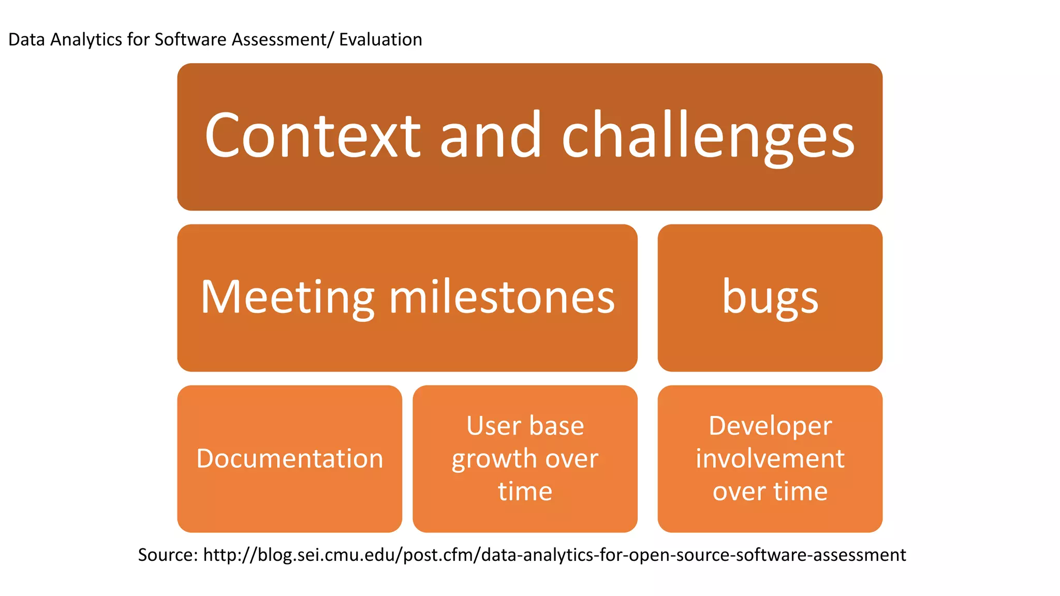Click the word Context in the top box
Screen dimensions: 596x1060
click(313, 136)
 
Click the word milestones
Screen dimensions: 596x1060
click(502, 297)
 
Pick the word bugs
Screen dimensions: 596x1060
click(770, 299)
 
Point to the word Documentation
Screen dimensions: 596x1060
click(289, 458)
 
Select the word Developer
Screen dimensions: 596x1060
click(770, 426)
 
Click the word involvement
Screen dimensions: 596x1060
click(770, 458)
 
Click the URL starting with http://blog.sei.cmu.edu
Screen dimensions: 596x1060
click(554, 555)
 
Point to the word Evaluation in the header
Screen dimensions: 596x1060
click(380, 39)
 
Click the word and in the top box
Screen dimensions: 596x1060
click(491, 136)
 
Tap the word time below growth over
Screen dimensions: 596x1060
click(525, 491)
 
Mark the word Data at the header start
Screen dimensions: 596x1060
click(26, 39)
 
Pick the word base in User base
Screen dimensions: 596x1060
click(556, 426)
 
